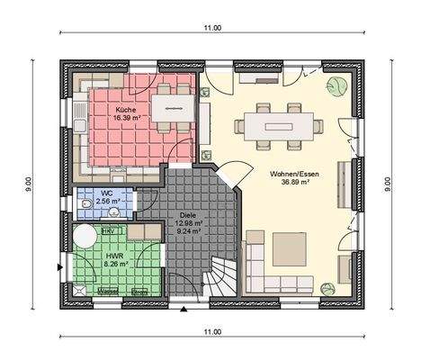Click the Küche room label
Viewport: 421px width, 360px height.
(x=125, y=109)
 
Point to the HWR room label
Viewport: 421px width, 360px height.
(x=114, y=256)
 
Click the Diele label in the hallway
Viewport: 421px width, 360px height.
(x=188, y=215)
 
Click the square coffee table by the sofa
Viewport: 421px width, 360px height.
(x=291, y=247)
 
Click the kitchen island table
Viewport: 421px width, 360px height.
(x=168, y=108)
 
